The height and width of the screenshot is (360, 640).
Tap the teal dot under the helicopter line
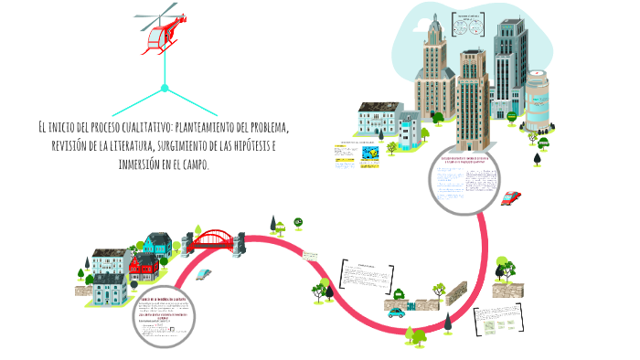pyautogui.click(x=165, y=89)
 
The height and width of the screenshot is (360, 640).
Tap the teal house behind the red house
pyautogui.click(x=157, y=245)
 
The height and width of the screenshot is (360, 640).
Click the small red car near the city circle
pyautogui.click(x=511, y=197)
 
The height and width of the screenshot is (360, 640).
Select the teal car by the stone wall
pyautogui.click(x=396, y=312)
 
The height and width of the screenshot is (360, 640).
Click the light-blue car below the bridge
pyautogui.click(x=204, y=273)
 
